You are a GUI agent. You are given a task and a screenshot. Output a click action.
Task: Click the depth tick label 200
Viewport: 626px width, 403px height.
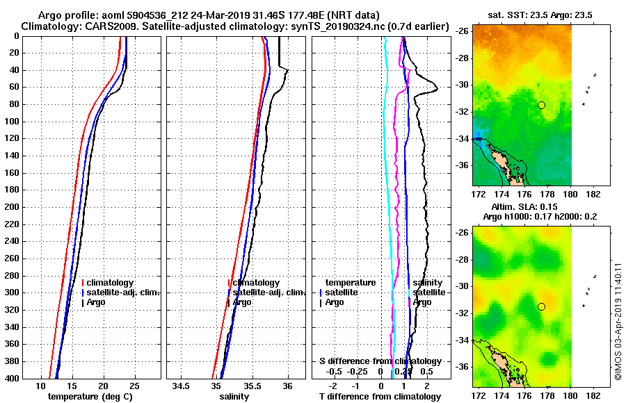pyautogui.click(x=10, y=207)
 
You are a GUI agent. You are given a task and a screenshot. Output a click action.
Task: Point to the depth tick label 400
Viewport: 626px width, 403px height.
pyautogui.click(x=10, y=378)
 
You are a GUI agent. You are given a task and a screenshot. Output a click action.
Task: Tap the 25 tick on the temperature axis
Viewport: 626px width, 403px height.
pyautogui.click(x=135, y=386)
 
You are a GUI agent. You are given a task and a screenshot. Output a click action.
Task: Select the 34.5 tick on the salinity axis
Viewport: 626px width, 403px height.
pyautogui.click(x=182, y=386)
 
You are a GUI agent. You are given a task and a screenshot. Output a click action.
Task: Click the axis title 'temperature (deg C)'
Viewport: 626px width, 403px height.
pyautogui.click(x=90, y=397)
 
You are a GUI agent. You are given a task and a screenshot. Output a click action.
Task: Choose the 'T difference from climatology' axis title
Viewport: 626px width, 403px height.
pyautogui.click(x=380, y=397)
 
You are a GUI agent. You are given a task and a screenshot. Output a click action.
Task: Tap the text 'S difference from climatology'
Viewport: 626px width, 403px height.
pyautogui.click(x=380, y=361)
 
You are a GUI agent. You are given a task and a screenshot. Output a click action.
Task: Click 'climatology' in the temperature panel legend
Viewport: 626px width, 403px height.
pyautogui.click(x=110, y=283)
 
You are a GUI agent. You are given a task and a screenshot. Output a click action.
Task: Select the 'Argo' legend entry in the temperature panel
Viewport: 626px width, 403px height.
pyautogui.click(x=96, y=302)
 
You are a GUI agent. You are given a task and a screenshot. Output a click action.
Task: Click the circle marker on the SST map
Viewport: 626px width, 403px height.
pyautogui.click(x=541, y=105)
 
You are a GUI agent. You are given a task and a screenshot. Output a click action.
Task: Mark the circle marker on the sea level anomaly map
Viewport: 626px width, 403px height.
pyautogui.click(x=541, y=306)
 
